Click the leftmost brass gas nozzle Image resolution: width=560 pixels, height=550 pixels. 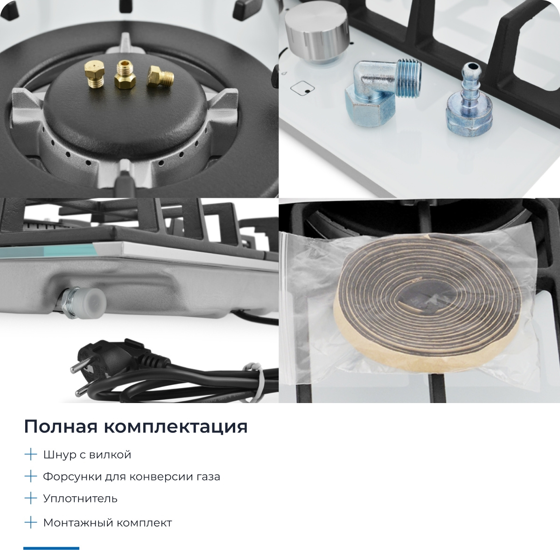click(94, 74)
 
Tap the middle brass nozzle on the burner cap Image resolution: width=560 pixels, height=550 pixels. click(125, 75)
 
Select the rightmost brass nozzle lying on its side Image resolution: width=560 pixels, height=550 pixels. click(160, 77)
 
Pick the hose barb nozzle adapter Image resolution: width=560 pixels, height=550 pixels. click(469, 102)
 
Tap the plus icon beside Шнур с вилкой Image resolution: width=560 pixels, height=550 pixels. click(30, 454)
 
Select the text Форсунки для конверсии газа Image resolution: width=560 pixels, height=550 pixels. click(132, 477)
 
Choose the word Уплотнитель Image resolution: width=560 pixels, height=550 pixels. click(80, 498)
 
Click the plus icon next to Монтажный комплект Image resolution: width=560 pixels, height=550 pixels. click(30, 522)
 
